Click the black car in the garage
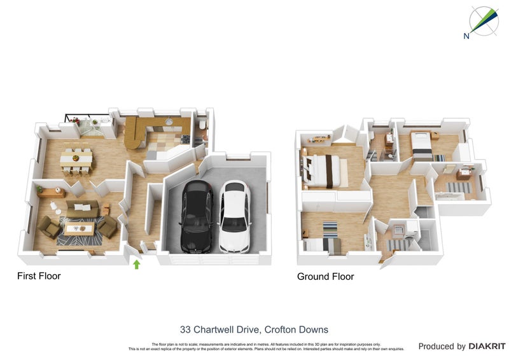click(197, 216)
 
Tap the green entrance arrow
click(136, 264)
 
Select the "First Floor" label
click(38, 276)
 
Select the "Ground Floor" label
click(325, 277)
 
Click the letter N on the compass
click(466, 36)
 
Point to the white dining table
click(77, 156)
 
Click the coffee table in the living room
click(78, 227)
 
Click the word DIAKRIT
click(487, 347)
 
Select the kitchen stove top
click(185, 138)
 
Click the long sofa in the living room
click(82, 205)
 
